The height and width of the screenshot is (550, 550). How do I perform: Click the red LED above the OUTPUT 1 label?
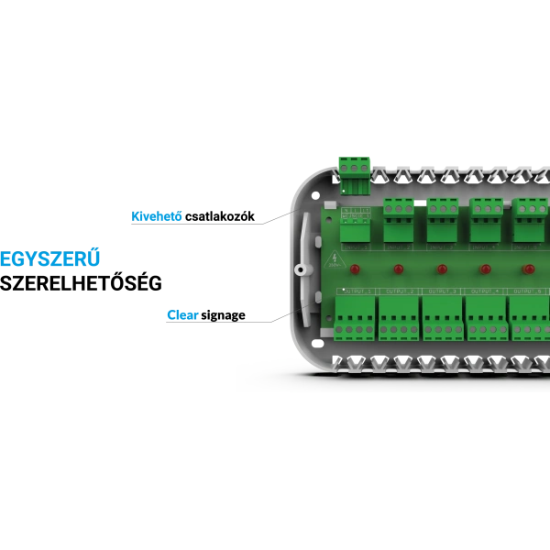coord(357,269)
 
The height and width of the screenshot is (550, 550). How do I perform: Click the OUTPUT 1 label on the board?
coord(356,291)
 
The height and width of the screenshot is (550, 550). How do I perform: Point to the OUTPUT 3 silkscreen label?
coord(444,291)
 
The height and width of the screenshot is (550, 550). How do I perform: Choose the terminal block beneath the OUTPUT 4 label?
coord(487,321)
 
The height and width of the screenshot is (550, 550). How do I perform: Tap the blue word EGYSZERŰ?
coord(50,258)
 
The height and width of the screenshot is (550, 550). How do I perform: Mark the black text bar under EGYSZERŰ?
coord(81,282)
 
